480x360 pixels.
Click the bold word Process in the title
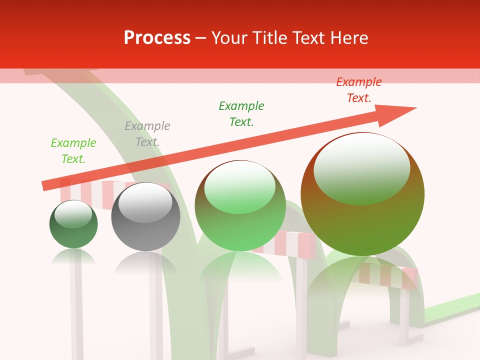[157, 38]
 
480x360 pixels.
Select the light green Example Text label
[73, 151]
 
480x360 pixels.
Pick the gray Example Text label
[147, 134]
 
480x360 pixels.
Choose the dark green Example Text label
[241, 114]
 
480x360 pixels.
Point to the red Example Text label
[359, 90]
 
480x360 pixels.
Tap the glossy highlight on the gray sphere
[145, 203]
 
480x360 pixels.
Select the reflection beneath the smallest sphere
[73, 257]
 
